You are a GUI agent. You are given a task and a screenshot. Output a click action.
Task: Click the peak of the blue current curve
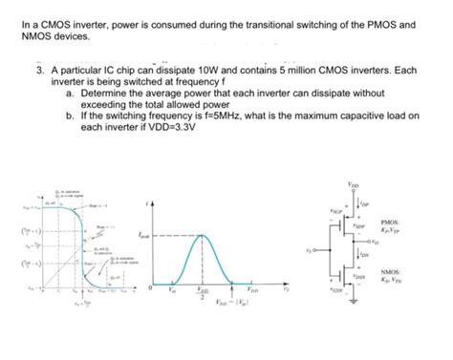(x=201, y=236)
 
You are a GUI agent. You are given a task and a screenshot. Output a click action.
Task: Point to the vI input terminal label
(x=308, y=251)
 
